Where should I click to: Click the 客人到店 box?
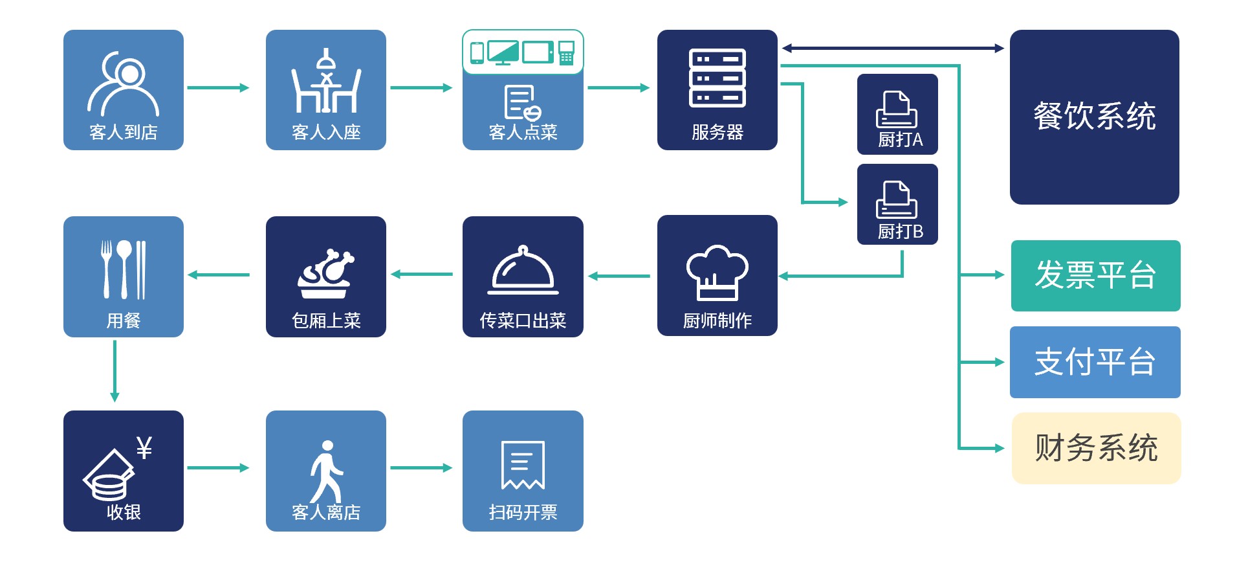123,90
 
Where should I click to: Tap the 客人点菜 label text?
523,133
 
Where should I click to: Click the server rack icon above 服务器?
717,78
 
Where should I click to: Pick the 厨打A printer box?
897,115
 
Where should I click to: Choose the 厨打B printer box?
897,205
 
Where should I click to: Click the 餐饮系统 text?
1094,117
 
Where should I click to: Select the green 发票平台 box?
1095,276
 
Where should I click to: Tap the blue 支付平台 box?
1095,362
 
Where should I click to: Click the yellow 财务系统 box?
1096,448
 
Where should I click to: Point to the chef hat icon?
717,272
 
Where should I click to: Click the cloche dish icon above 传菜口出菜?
523,271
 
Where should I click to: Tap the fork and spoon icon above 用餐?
123,269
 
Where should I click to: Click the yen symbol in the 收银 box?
144,447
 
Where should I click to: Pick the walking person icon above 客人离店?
326,470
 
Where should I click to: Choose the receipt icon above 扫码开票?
523,465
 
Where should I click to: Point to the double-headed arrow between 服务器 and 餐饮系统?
893,48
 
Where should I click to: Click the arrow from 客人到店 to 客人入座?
218,87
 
